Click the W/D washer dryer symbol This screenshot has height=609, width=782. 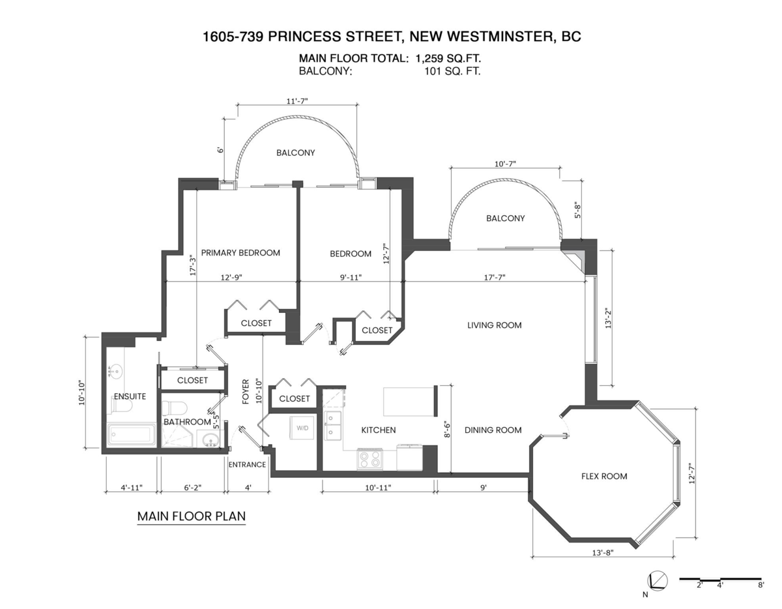click(303, 428)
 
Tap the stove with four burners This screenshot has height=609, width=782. click(371, 460)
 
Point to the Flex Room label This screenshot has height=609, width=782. click(604, 476)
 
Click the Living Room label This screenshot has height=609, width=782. click(494, 325)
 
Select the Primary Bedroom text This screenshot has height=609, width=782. click(240, 253)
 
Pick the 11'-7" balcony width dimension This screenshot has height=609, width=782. click(296, 100)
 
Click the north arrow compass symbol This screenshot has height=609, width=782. click(657, 580)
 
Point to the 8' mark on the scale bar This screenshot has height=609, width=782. click(760, 586)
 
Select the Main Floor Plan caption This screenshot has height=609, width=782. click(191, 516)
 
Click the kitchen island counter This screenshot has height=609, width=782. click(410, 401)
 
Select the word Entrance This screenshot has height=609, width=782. click(247, 464)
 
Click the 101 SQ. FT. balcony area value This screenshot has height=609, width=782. click(452, 72)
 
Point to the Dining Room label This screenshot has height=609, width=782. click(493, 430)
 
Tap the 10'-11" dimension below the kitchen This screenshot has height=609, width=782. click(378, 487)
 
